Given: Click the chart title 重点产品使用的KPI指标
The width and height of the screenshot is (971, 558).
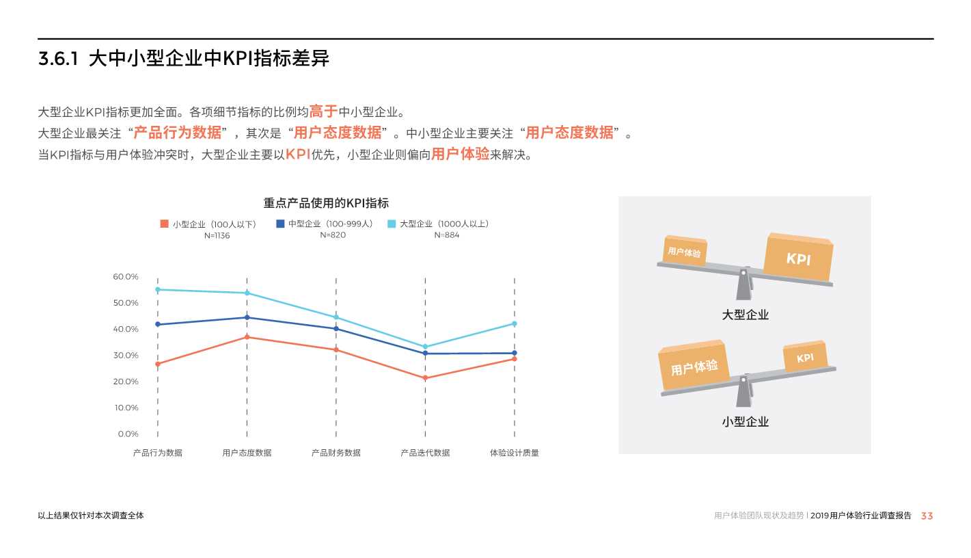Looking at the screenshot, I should coord(326,203).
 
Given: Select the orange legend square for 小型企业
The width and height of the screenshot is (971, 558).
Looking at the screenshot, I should coord(164,224).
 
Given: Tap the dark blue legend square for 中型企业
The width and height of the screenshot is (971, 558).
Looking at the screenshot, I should coord(280,224).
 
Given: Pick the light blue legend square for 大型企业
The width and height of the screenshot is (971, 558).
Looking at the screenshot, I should coord(392,224).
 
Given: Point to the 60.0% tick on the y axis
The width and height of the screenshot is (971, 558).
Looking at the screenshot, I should coord(126,277).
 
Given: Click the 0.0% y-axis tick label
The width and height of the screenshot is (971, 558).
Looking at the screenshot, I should coord(128,434).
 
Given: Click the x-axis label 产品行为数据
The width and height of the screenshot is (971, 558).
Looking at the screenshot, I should coord(157,453).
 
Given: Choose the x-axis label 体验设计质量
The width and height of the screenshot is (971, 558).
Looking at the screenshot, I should coord(514,453).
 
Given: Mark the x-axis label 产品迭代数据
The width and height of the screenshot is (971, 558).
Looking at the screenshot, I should coord(425,453).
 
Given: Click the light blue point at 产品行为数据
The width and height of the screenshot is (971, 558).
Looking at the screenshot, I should coord(158,289).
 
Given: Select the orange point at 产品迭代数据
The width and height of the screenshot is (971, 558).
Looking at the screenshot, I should coord(425,378).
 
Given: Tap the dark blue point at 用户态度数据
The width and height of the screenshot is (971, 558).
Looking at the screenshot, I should coord(247,317).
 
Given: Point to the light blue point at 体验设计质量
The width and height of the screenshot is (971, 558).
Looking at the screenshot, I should coord(515,323).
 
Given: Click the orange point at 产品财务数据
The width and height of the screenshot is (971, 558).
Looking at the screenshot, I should coord(336,350).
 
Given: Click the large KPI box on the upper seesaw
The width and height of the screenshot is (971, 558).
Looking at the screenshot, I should coord(798,258).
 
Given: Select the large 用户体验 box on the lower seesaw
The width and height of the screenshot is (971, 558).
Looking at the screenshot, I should coord(694,367).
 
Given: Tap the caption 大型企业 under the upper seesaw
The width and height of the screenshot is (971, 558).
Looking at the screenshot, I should coord(745,315).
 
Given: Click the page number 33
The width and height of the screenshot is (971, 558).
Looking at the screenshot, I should coord(927,516).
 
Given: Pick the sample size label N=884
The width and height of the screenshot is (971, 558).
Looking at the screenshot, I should coord(447,235).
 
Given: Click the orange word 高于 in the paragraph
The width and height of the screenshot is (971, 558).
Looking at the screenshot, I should coord(323,111).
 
